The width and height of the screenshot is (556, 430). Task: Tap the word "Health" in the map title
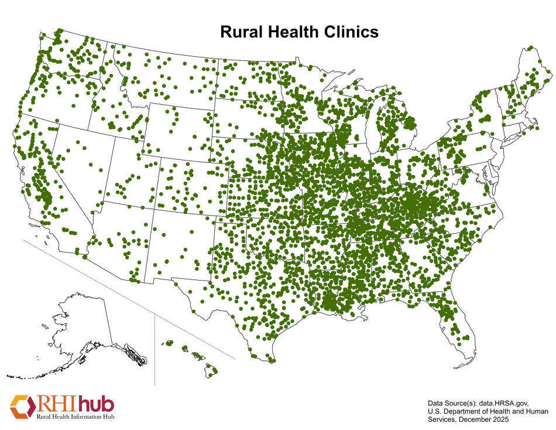(296, 32)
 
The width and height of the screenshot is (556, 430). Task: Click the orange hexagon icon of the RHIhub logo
(22, 406)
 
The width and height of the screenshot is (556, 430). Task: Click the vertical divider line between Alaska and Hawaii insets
(155, 351)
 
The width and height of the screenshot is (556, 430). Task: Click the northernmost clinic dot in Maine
(531, 48)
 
